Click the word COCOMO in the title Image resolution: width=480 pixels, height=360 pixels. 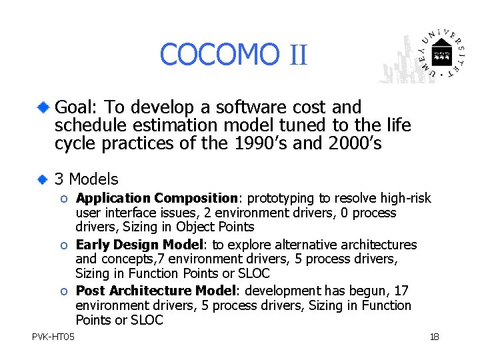tap(219, 55)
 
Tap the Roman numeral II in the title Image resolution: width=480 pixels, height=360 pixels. tap(298, 55)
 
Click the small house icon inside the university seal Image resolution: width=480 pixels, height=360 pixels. tap(441, 53)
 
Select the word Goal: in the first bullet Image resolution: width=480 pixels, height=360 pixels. tap(75, 107)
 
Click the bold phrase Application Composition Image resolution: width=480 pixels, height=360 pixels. tap(157, 199)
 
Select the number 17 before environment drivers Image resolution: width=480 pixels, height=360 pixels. tap(402, 291)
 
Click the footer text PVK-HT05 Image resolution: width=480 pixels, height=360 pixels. tap(53, 337)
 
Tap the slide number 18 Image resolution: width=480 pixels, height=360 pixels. tap(434, 337)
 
